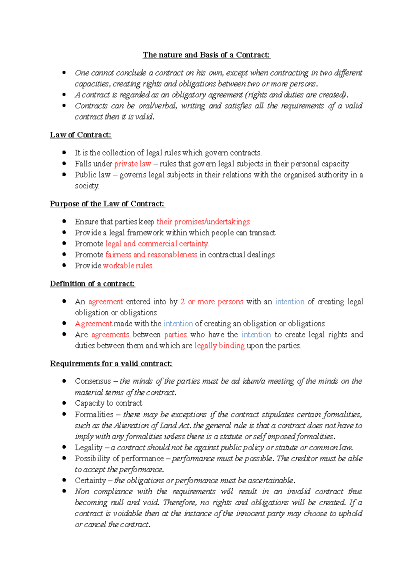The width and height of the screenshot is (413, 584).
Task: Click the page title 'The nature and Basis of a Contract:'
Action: pyautogui.click(x=206, y=55)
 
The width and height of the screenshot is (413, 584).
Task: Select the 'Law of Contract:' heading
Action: pyautogui.click(x=81, y=135)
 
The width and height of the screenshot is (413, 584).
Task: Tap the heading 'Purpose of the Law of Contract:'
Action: pyautogui.click(x=107, y=204)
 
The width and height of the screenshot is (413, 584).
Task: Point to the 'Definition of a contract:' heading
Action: pyautogui.click(x=92, y=284)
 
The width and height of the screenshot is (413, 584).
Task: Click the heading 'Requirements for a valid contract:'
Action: pyautogui.click(x=111, y=364)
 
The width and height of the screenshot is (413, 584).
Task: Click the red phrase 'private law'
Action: pyautogui.click(x=133, y=164)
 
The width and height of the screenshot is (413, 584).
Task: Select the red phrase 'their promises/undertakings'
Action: pyautogui.click(x=203, y=222)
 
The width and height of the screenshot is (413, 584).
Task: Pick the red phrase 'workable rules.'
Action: pyautogui.click(x=128, y=266)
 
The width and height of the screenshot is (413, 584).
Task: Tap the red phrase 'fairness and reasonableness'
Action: pyautogui.click(x=151, y=255)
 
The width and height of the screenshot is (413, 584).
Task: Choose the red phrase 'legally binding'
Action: pyautogui.click(x=219, y=346)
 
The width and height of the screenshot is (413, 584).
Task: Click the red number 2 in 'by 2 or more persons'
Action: pyautogui.click(x=182, y=302)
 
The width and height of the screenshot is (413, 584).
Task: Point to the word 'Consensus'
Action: pyautogui.click(x=93, y=381)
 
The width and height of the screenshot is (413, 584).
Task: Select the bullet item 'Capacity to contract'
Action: pyautogui.click(x=108, y=403)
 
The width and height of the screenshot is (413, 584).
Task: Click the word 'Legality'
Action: pyautogui.click(x=88, y=447)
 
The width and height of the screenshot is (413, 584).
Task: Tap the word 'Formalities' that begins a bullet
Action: pyautogui.click(x=94, y=414)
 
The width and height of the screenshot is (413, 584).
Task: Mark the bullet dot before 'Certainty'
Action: pyautogui.click(x=64, y=480)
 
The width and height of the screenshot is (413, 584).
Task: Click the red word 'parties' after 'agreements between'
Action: pyautogui.click(x=175, y=335)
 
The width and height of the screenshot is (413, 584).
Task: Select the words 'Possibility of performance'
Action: pyautogui.click(x=119, y=458)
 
